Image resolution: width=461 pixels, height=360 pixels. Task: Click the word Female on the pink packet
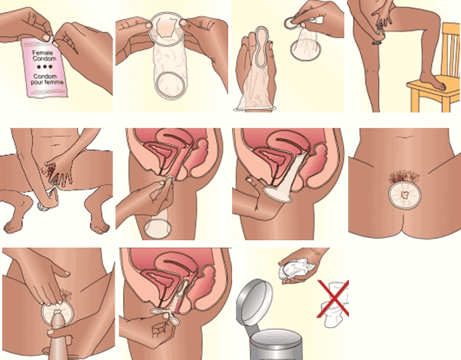click(x=42, y=53)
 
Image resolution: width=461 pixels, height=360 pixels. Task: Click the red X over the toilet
click(x=333, y=299)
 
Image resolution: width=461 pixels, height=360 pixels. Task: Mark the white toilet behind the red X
click(x=336, y=304)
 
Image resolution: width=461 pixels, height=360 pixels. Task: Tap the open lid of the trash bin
click(x=254, y=302)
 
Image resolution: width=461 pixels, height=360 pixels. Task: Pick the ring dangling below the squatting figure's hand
click(x=43, y=207)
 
